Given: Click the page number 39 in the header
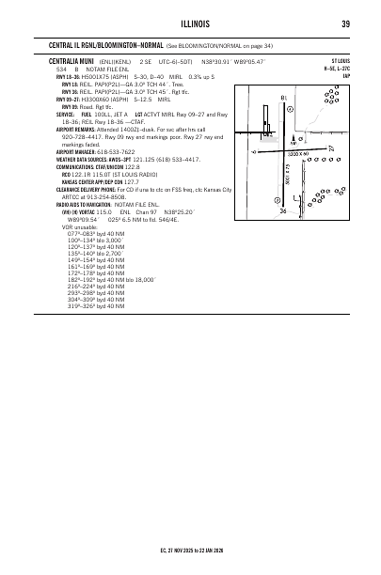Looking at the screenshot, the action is [347, 23].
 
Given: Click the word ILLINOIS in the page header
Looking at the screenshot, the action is [191, 23].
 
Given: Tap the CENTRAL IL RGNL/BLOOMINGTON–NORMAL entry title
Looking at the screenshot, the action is [104, 44].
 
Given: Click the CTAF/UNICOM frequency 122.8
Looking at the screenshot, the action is [141, 166].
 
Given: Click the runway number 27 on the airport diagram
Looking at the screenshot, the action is [330, 148].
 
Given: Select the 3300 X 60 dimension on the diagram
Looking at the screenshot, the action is [300, 153].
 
